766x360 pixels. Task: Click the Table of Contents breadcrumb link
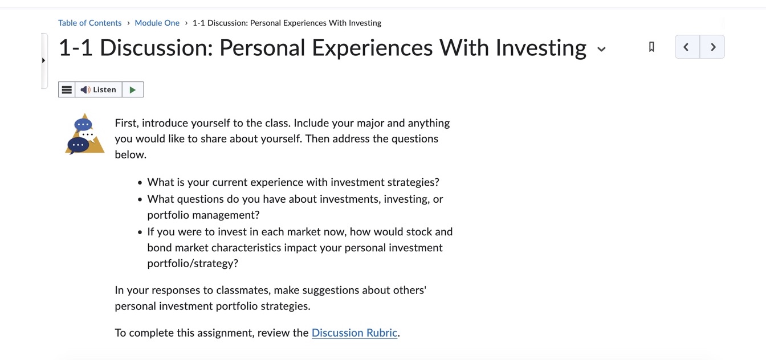[x=89, y=23]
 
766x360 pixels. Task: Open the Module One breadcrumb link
[x=157, y=23]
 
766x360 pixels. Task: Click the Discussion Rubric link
[x=354, y=333]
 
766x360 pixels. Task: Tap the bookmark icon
[x=651, y=47]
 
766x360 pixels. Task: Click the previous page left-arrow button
[x=687, y=47]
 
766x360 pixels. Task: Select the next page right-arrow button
[x=712, y=47]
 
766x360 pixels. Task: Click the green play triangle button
[x=133, y=89]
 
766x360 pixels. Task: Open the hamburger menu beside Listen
[x=67, y=89]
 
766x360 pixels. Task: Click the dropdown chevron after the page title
[x=601, y=49]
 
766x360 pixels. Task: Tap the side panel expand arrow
[x=44, y=60]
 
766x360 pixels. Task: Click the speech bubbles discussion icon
[x=84, y=134]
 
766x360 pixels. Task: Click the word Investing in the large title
[x=540, y=48]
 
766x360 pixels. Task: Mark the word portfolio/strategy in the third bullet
[x=192, y=263]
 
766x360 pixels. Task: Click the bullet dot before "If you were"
[x=140, y=232]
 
